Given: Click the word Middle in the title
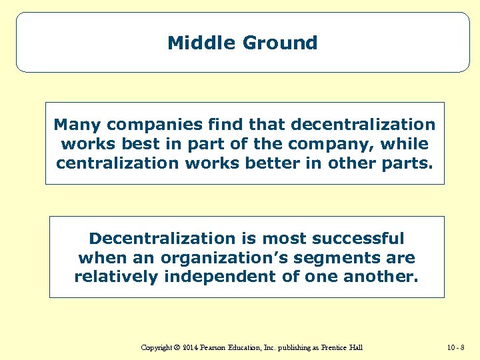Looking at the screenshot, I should tap(197, 43).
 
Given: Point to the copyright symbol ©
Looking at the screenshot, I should tap(177, 347).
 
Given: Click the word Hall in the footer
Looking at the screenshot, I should tap(355, 347).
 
